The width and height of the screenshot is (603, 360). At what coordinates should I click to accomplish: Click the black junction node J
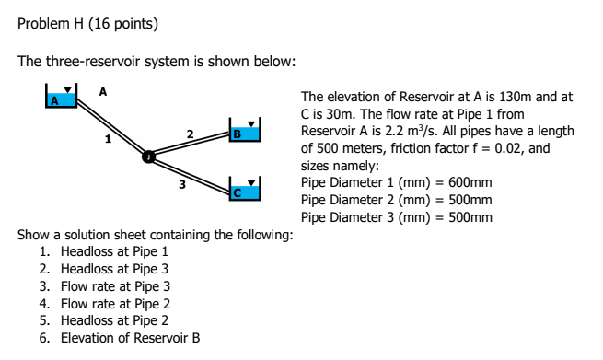point(146,156)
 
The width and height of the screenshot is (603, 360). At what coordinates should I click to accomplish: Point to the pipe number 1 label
point(108,139)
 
